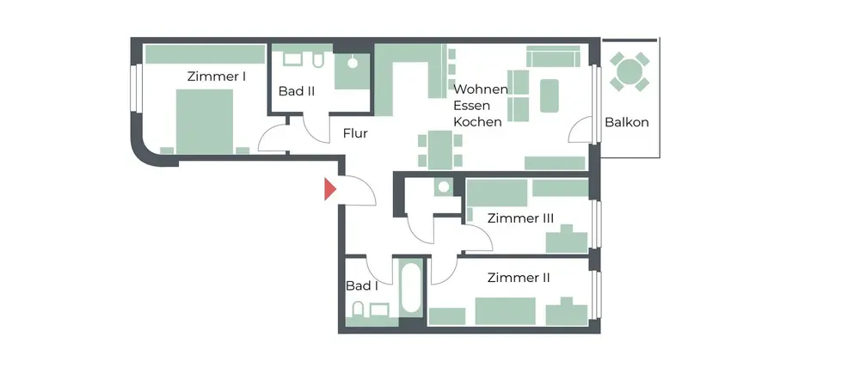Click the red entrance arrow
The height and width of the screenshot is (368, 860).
[x=329, y=189]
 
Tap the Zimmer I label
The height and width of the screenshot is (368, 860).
[x=216, y=77]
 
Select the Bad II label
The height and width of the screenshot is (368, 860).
[x=296, y=91]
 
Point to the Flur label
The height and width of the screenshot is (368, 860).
[x=355, y=132]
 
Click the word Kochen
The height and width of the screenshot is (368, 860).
[x=477, y=122]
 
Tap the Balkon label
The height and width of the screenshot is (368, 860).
[x=626, y=122]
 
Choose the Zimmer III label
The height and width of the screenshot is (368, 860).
[x=520, y=218]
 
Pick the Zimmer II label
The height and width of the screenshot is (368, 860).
[x=519, y=278]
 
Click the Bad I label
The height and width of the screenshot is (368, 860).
[x=362, y=285]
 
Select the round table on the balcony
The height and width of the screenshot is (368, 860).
[x=630, y=71]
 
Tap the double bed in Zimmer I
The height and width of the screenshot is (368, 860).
[x=205, y=121]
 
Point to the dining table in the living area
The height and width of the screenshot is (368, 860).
[x=439, y=149]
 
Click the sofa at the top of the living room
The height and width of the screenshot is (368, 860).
[x=553, y=56]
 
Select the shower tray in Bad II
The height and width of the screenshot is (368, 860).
[x=352, y=71]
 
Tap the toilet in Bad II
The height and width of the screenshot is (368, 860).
[x=318, y=60]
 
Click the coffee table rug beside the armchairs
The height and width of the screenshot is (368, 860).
[x=549, y=95]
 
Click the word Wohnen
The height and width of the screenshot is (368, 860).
[x=481, y=89]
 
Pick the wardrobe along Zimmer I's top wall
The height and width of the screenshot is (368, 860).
[x=206, y=54]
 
